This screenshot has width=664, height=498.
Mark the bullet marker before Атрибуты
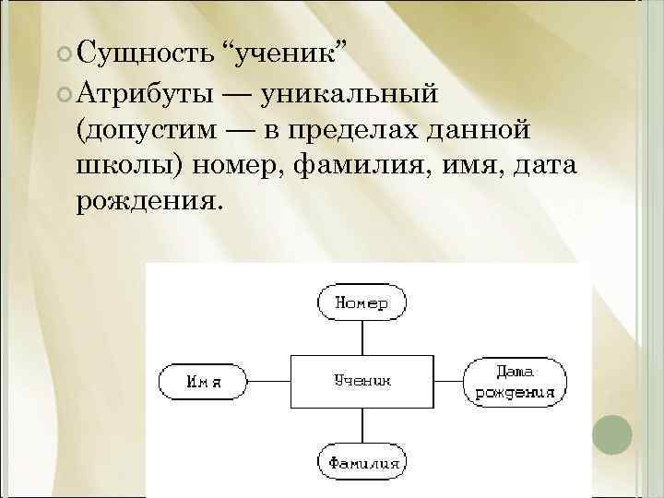pos(62,93)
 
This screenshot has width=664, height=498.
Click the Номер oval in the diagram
pos(362,302)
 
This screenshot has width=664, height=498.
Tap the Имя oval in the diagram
pos(202,380)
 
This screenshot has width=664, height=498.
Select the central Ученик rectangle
pos(362,380)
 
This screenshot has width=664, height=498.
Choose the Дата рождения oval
pos(514,381)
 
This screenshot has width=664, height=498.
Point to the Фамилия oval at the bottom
pos(362,460)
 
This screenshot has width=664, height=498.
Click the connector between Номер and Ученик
pos(362,337)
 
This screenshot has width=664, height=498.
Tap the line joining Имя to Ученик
pos(268,380)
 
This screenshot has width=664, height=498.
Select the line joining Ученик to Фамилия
pos(362,426)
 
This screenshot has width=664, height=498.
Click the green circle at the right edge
pos(611,433)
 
